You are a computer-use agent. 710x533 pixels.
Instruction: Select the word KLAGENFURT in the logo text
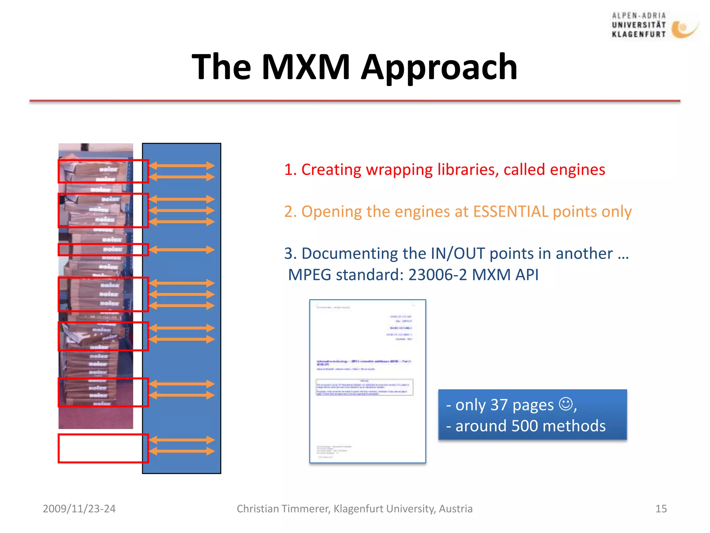pos(639,34)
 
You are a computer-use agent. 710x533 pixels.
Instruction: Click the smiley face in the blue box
pos(565,404)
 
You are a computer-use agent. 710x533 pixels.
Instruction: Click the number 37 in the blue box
pos(499,405)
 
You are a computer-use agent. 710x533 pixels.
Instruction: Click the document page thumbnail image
pos(367,381)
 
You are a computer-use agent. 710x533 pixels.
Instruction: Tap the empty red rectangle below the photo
pos(101,448)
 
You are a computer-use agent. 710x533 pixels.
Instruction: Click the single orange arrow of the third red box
pos(182,249)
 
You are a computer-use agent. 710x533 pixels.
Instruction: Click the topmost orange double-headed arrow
pos(182,166)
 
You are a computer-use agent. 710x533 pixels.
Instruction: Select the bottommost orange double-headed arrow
pos(182,451)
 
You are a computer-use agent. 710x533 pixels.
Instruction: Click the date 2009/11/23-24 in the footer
pos(79,509)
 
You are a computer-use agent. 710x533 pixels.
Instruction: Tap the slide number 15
pos(661,509)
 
